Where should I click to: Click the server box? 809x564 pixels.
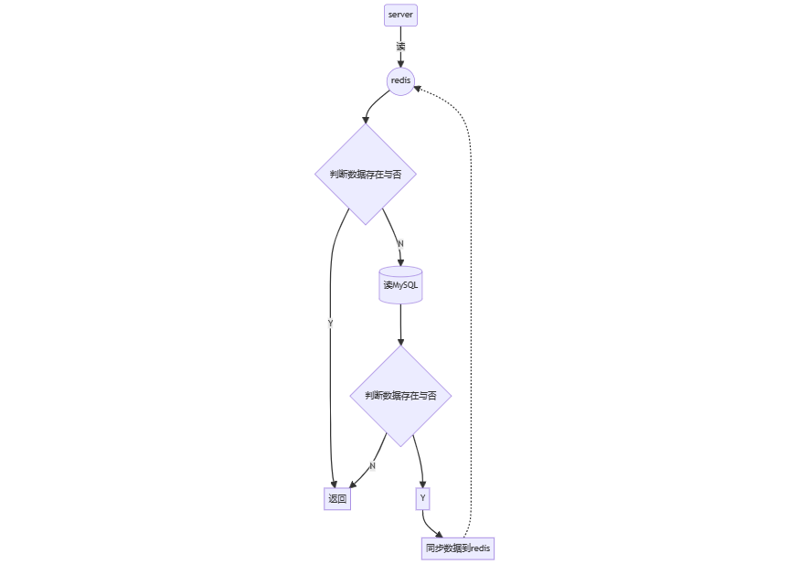coord(400,15)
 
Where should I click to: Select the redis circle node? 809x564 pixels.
coord(400,81)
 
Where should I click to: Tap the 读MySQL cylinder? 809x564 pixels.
coord(400,285)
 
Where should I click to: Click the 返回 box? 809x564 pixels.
coord(337,499)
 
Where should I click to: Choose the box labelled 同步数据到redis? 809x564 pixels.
coord(458,548)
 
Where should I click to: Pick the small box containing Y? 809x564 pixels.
coord(422,498)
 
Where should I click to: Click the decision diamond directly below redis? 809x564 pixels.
coord(366,174)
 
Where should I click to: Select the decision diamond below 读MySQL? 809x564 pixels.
coord(400,395)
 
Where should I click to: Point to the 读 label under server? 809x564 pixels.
coord(400,46)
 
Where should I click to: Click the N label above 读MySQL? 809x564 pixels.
coord(400,243)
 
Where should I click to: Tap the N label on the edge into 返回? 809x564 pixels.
coord(372,465)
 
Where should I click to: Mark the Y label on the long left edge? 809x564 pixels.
coord(330,323)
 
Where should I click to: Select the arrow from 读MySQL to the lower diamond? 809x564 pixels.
coord(400,325)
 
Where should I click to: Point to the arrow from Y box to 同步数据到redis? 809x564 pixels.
coord(427,526)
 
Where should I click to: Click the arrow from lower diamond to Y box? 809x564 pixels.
coord(418,462)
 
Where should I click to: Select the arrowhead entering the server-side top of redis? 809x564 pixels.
coord(400,63)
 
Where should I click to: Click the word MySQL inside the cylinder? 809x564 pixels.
coord(406,285)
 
